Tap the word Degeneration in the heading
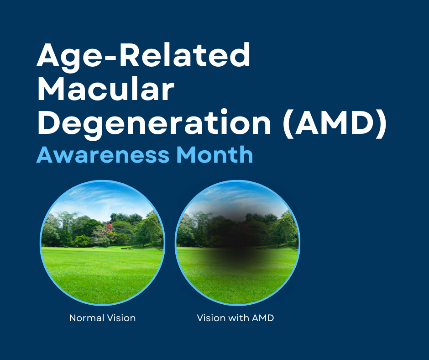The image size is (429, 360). [154, 123]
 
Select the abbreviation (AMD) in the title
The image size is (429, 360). [335, 123]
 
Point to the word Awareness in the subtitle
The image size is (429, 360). [103, 154]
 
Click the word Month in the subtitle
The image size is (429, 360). [214, 154]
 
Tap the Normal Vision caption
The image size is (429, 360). [102, 318]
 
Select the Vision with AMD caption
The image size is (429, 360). [235, 318]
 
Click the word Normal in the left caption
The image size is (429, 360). [87, 318]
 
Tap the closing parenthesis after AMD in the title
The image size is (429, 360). [382, 124]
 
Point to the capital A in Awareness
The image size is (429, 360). [45, 155]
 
